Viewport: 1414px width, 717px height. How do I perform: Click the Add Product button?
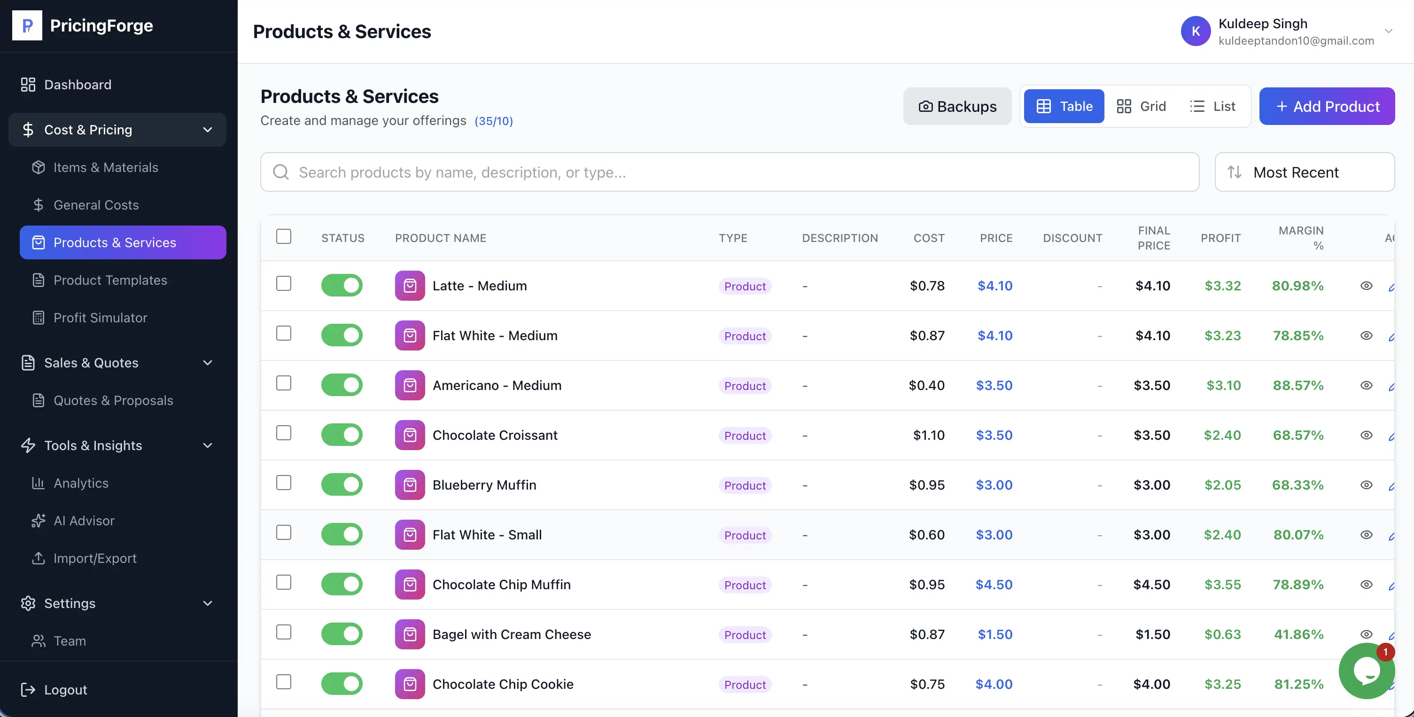(x=1326, y=106)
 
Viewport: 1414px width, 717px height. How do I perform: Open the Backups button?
(x=957, y=106)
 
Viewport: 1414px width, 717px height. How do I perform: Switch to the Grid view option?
(x=1141, y=106)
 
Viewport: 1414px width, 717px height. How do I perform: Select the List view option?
(x=1212, y=106)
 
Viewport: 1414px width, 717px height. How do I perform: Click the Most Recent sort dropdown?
(x=1304, y=172)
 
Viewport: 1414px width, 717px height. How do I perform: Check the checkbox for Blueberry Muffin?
(x=283, y=483)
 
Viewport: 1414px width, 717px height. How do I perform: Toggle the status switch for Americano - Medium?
(x=342, y=385)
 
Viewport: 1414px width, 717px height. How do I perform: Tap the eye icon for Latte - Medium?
(x=1366, y=286)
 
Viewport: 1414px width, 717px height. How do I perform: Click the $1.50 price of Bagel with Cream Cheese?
(x=994, y=634)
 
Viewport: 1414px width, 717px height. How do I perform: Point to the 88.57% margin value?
(x=1297, y=385)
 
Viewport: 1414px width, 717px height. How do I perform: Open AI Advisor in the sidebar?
(x=84, y=521)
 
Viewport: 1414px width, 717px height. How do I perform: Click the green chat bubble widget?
(x=1366, y=670)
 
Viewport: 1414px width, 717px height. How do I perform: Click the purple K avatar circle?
(x=1195, y=31)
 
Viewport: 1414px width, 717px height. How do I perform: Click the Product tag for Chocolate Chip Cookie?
(x=744, y=684)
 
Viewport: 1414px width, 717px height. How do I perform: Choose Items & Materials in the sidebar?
(x=105, y=167)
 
